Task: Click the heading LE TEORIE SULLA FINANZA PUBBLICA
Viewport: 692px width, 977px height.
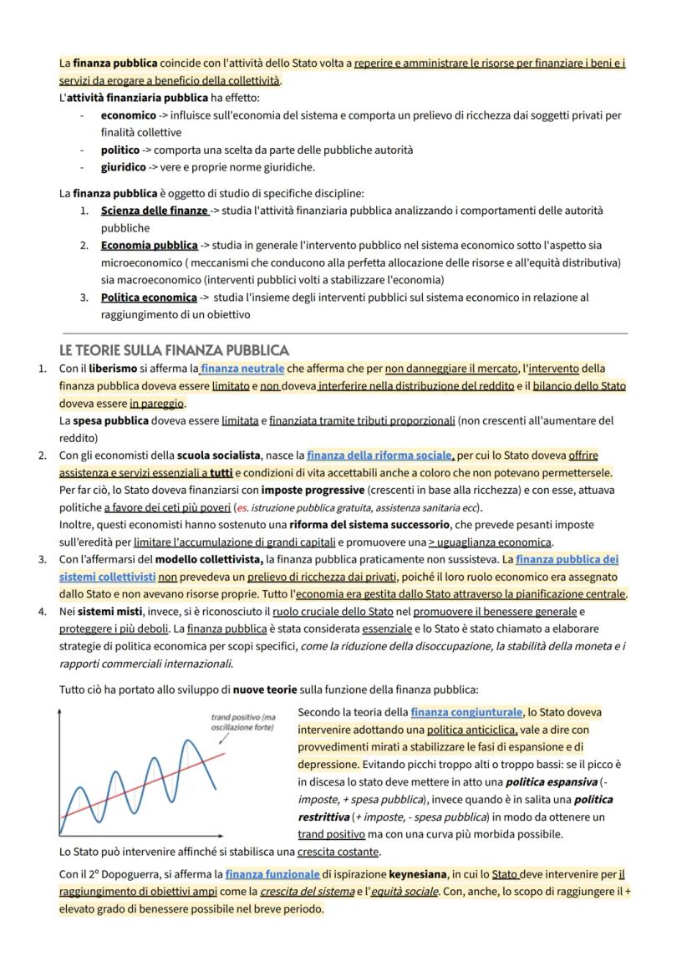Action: coord(174,349)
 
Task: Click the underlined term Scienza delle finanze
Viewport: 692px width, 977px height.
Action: coord(154,211)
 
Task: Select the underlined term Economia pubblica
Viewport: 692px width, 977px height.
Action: coord(149,246)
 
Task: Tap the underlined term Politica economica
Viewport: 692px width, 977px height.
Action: coord(148,298)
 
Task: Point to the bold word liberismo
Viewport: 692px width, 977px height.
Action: coord(113,368)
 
